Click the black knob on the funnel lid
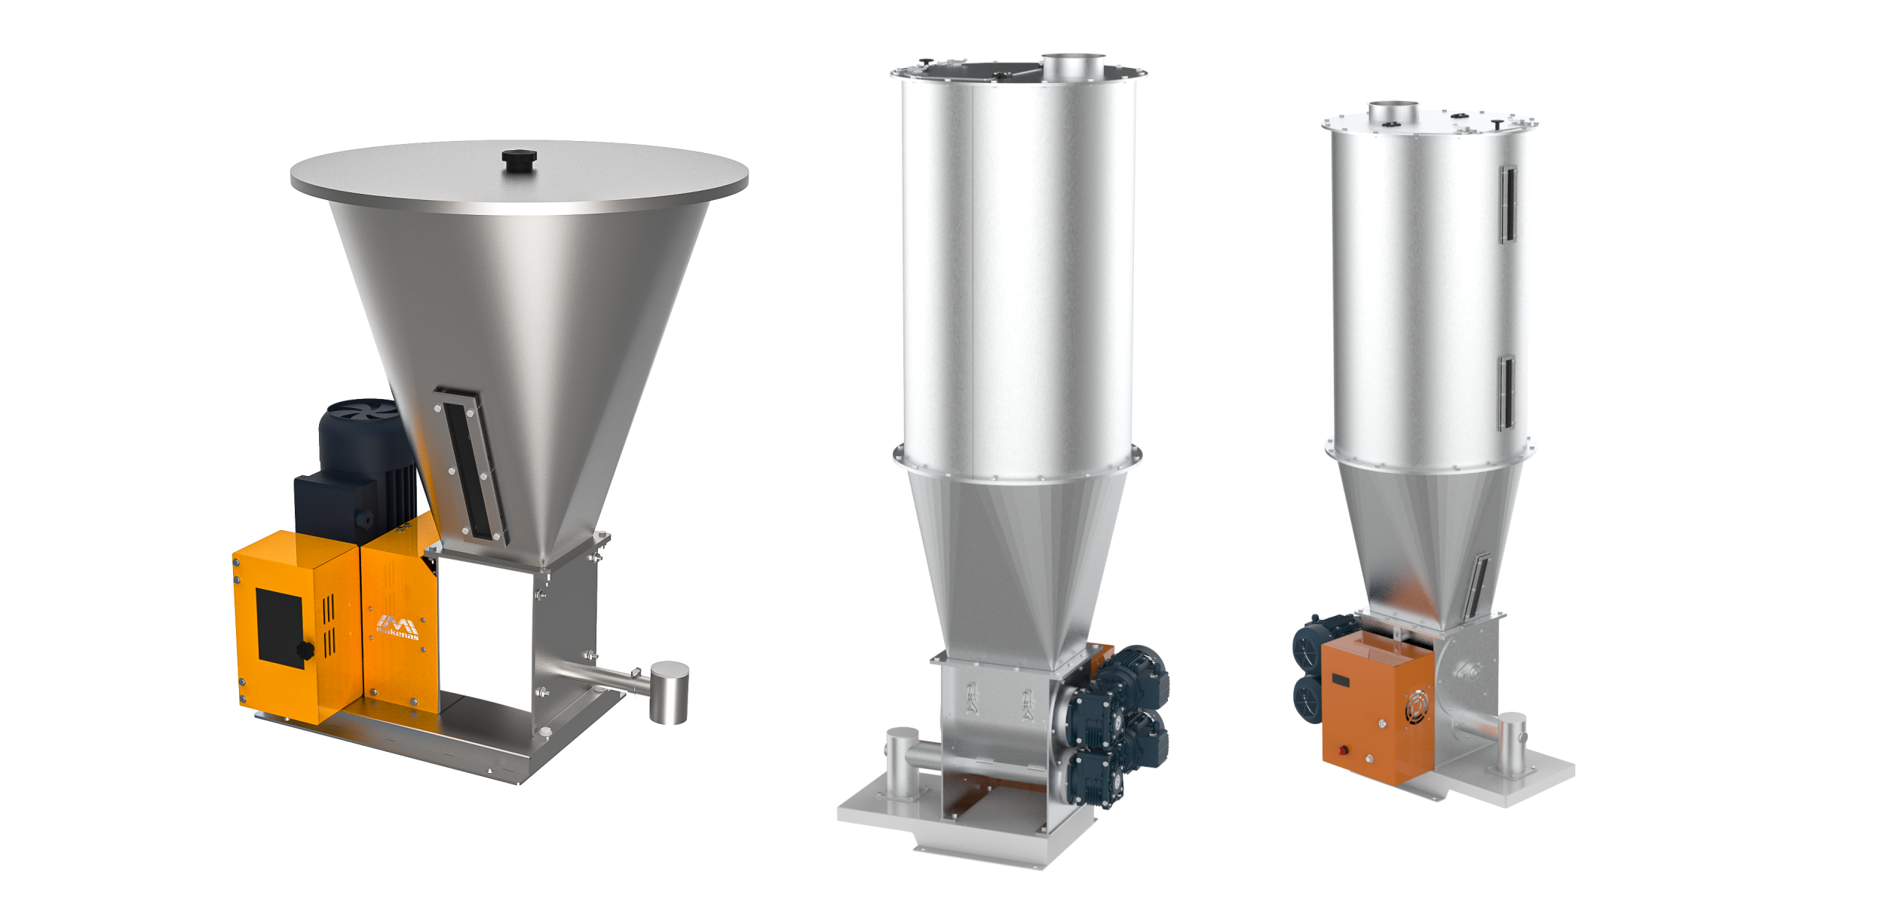(519, 160)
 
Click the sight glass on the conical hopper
(470, 465)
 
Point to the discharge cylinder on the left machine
(669, 692)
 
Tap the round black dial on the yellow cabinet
(305, 651)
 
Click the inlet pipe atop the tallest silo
(1073, 66)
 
